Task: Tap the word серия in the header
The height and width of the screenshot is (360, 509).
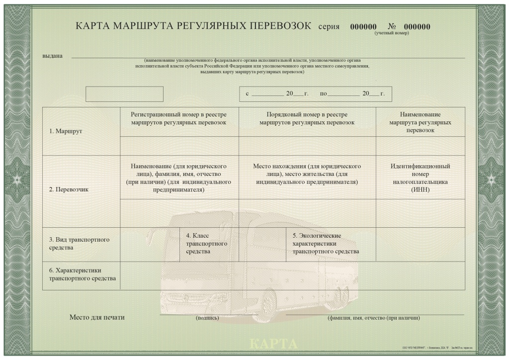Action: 329,27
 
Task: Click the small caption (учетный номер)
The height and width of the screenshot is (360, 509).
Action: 392,33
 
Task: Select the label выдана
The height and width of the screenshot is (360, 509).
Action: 53,56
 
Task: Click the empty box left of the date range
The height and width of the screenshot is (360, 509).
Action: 124,94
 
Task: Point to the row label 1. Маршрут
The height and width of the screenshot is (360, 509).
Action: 66,131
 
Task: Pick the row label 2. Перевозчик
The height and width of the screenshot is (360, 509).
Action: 69,189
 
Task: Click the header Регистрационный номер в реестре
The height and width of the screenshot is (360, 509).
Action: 179,114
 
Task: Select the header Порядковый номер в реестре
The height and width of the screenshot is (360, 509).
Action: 307,114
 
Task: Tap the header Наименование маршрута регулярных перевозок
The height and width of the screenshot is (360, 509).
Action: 420,122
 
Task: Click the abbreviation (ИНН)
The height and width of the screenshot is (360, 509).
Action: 420,189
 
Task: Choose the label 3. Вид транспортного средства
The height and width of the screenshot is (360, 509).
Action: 80,243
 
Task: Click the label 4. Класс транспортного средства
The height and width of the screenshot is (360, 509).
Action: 206,243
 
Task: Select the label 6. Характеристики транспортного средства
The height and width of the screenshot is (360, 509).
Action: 83,274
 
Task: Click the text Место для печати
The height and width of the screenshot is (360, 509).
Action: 97,317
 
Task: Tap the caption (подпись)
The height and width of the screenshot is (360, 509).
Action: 207,318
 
